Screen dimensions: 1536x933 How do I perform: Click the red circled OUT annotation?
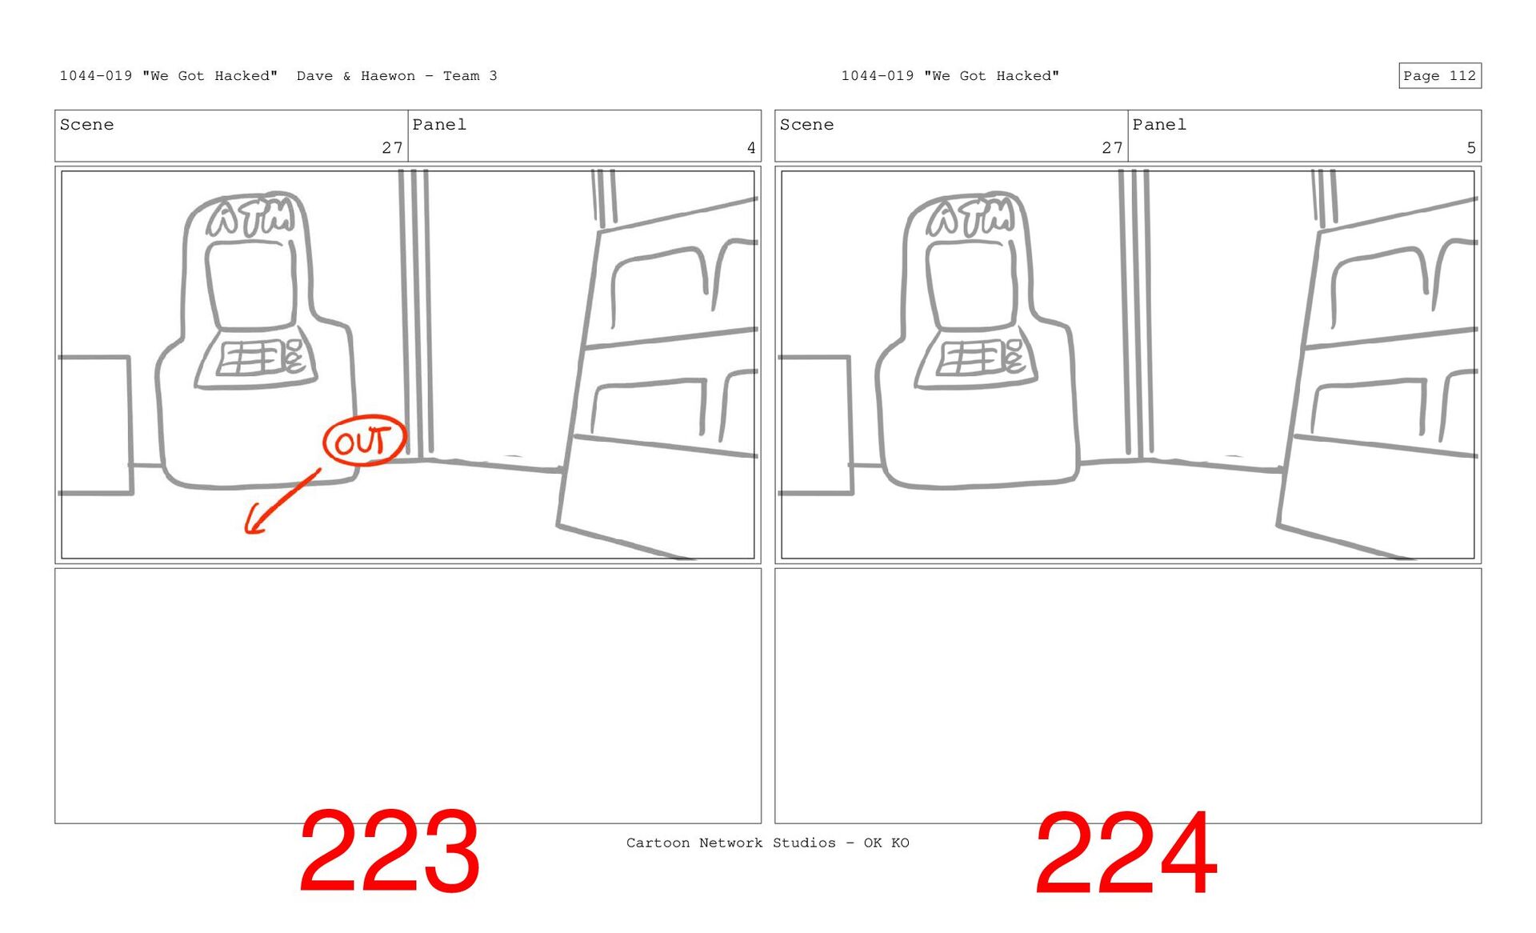365,441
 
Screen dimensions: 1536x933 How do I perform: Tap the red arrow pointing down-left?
282,502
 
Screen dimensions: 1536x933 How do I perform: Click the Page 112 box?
1439,75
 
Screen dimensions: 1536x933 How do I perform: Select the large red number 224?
1126,853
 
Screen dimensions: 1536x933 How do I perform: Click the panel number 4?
751,148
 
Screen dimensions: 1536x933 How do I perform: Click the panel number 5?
1471,148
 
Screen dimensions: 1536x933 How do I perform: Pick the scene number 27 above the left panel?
392,148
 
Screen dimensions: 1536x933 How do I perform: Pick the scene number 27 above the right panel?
1112,148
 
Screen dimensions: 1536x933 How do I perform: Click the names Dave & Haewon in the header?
356,76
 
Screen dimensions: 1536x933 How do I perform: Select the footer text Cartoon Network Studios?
731,843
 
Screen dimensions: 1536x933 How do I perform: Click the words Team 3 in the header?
470,76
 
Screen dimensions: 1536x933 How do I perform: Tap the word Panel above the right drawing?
1159,125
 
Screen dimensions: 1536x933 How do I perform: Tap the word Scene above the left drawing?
86,125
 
